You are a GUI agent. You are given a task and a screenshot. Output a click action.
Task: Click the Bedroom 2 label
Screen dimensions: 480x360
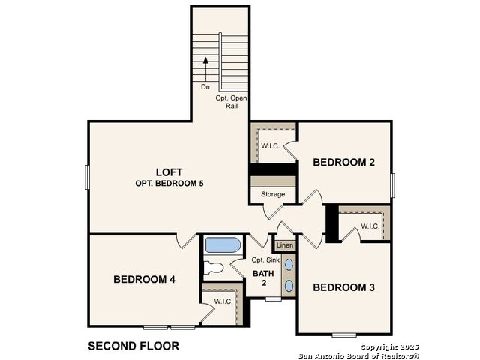pyautogui.click(x=343, y=162)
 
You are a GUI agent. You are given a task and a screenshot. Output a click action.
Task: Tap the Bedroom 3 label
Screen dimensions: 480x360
pyautogui.click(x=343, y=287)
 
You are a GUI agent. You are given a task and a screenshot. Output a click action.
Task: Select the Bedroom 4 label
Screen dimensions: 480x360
pyautogui.click(x=144, y=279)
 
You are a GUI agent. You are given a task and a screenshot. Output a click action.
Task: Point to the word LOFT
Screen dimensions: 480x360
pyautogui.click(x=169, y=172)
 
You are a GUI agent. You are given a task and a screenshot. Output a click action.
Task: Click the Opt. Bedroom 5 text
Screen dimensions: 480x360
pyautogui.click(x=169, y=184)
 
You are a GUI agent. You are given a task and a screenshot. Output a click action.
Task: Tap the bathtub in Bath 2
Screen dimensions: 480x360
pyautogui.click(x=223, y=245)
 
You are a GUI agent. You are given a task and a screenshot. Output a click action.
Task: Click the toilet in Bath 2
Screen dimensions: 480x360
pyautogui.click(x=213, y=268)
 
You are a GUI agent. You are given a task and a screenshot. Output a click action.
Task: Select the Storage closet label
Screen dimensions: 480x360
pyautogui.click(x=273, y=194)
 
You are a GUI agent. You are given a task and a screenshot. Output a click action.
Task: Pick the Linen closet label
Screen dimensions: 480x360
pyautogui.click(x=285, y=245)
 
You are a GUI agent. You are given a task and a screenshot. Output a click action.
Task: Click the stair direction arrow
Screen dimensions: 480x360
pyautogui.click(x=205, y=70)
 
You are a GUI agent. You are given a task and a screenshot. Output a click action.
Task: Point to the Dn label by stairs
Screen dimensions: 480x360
pyautogui.click(x=205, y=87)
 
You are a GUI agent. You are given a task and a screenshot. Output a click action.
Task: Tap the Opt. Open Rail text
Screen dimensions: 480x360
pyautogui.click(x=232, y=102)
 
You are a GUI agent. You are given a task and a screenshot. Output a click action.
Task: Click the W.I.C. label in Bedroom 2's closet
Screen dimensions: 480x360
pyautogui.click(x=270, y=146)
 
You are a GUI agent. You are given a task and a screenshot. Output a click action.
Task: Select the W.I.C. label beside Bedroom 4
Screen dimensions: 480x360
pyautogui.click(x=223, y=301)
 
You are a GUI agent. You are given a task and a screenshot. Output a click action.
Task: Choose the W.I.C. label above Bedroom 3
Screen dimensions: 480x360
pyautogui.click(x=370, y=226)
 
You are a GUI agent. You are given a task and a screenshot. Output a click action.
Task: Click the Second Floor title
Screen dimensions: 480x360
pyautogui.click(x=133, y=346)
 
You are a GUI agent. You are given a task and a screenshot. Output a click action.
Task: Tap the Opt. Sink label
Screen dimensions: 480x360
pyautogui.click(x=265, y=260)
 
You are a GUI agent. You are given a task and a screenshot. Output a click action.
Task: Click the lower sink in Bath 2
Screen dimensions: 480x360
pyautogui.click(x=289, y=286)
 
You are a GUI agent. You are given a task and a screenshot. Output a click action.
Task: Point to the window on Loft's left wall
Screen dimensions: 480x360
pyautogui.click(x=87, y=177)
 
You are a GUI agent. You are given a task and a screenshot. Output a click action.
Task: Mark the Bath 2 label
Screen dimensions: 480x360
pyautogui.click(x=263, y=278)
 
